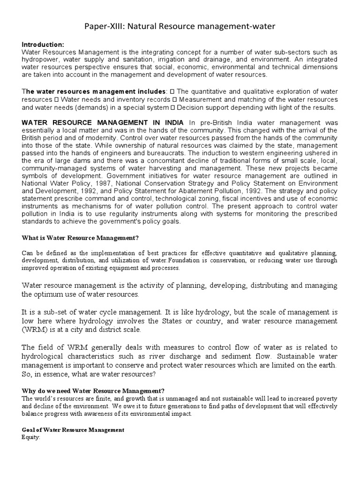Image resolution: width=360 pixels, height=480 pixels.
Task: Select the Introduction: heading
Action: pyautogui.click(x=43, y=44)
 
